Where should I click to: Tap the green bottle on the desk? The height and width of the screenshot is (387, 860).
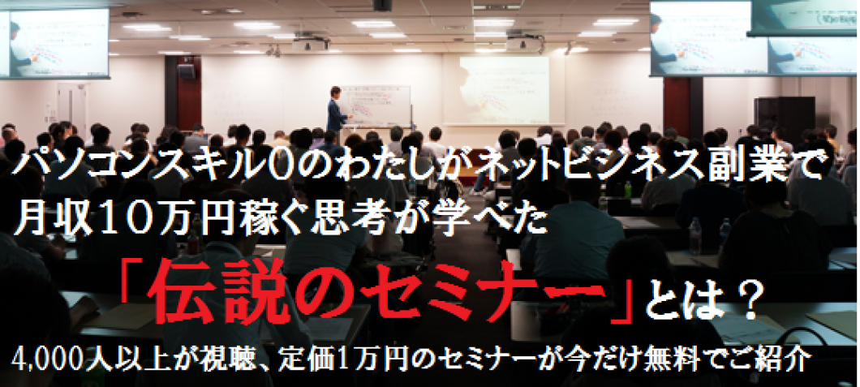627,190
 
